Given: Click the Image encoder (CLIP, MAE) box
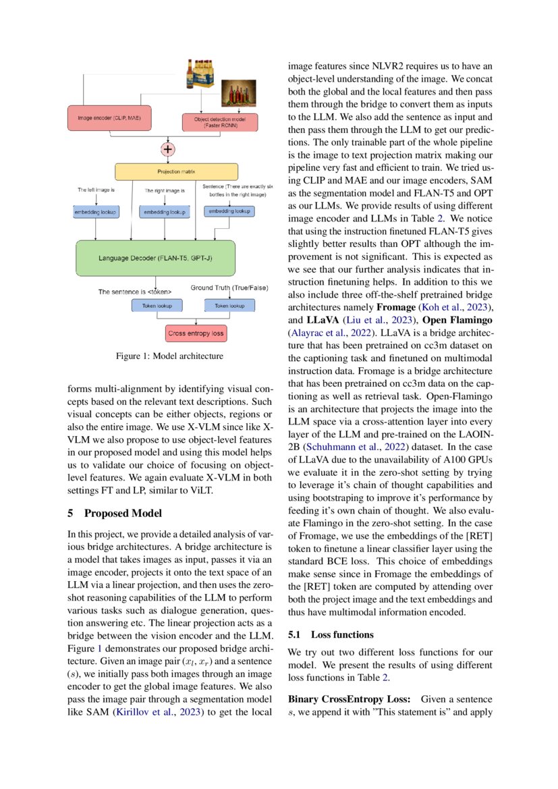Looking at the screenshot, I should (x=109, y=119).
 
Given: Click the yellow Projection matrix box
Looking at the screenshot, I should (x=176, y=171).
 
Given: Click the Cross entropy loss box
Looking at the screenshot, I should (x=196, y=333).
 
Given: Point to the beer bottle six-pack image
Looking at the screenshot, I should (x=204, y=74).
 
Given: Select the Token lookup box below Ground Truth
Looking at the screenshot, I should (x=229, y=306).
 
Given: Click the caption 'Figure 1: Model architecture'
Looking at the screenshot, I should (x=161, y=356).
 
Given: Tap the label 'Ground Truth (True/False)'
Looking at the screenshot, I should (x=229, y=288).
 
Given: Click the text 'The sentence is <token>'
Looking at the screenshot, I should (x=134, y=292).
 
